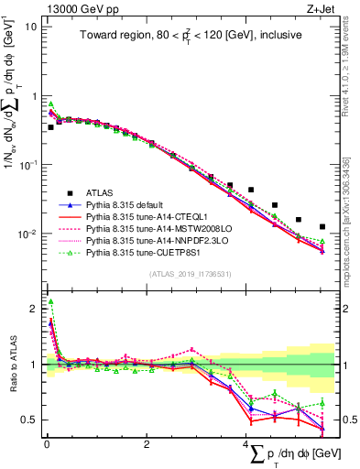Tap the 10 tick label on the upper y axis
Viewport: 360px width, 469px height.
30,27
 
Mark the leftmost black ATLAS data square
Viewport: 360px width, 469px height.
50,127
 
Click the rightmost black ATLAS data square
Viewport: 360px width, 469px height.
322,226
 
